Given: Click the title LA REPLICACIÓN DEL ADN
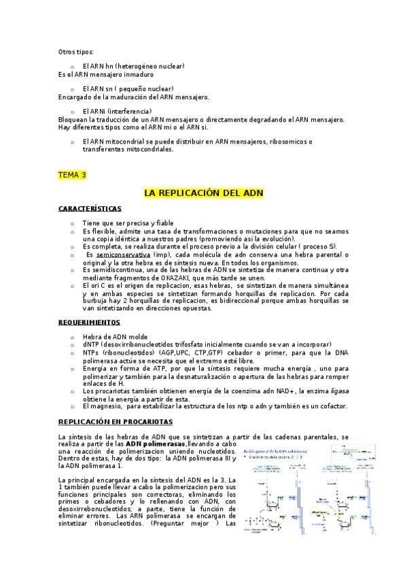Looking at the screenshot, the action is (203, 193).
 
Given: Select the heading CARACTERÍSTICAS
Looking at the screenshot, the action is (90, 208).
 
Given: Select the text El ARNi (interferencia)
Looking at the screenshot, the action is (117, 111).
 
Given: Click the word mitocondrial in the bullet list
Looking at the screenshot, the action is (126, 142).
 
